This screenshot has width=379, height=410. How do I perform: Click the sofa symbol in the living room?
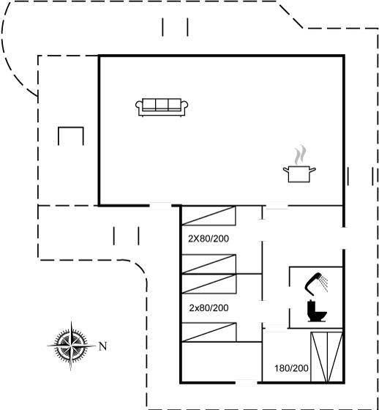(x=162, y=107)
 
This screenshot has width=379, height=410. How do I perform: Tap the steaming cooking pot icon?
(x=299, y=164)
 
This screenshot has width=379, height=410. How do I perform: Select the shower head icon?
(x=316, y=284)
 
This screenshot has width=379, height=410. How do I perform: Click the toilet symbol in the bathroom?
(x=317, y=311)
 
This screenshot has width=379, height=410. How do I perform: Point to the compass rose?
(x=71, y=346)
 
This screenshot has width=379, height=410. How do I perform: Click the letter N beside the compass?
(x=102, y=346)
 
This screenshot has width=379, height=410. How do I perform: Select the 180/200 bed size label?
(x=291, y=368)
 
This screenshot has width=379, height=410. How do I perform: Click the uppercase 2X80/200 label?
(x=209, y=239)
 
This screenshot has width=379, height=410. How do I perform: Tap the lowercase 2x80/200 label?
(x=209, y=308)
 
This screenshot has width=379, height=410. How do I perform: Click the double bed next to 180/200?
(x=326, y=357)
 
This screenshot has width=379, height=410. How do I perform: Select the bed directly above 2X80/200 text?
(x=209, y=216)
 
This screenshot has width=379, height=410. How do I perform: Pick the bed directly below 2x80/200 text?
(x=209, y=332)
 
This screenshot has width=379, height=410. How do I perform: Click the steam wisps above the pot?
(x=300, y=154)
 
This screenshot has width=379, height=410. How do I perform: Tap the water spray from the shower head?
(x=324, y=284)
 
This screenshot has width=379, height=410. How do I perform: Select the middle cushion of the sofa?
(x=162, y=104)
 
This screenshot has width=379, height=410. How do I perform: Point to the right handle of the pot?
(x=312, y=170)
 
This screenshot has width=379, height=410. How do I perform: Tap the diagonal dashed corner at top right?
(x=291, y=16)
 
